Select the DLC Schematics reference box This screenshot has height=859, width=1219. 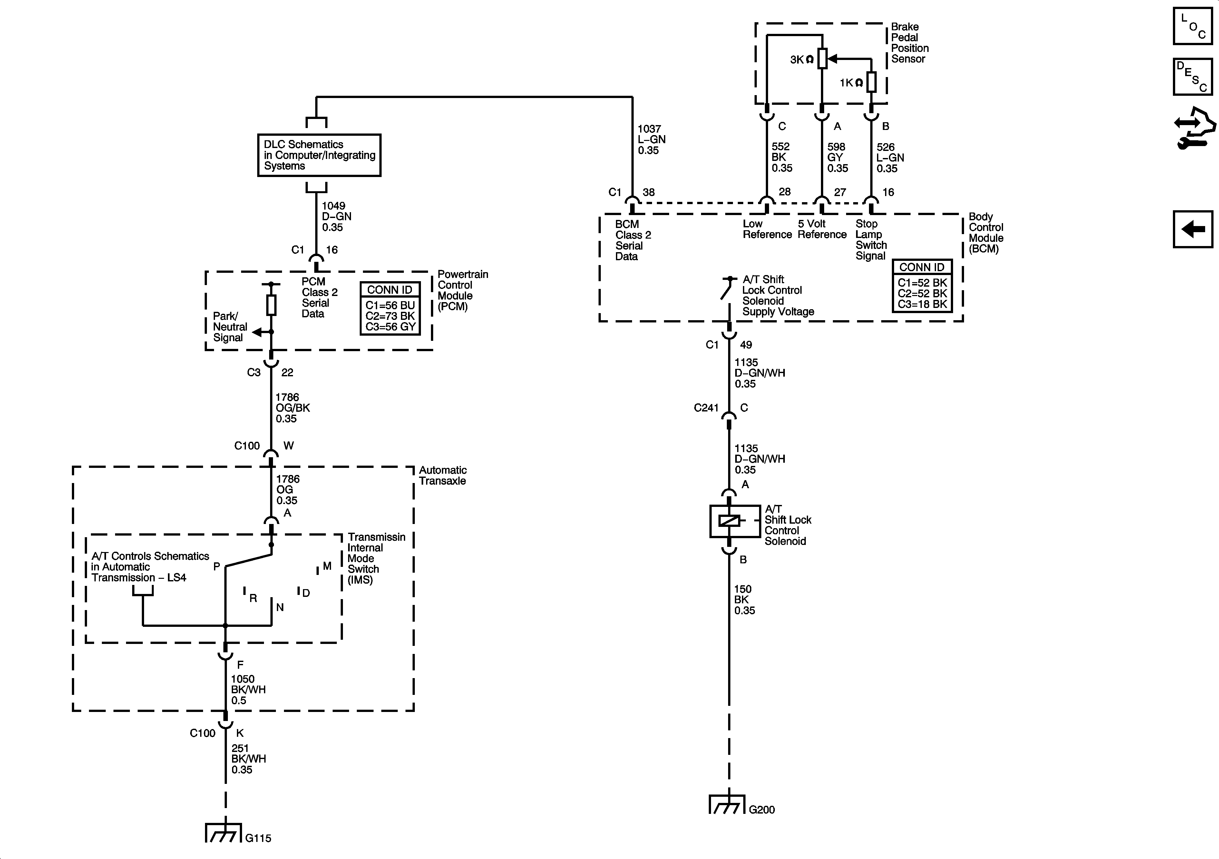319,155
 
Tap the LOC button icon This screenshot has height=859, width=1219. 1192,25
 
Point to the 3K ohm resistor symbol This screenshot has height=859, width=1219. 822,58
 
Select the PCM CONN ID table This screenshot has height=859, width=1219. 390,309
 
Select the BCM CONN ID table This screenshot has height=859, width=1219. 922,286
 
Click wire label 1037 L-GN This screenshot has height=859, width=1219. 651,140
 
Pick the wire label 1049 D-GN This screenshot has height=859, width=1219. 336,217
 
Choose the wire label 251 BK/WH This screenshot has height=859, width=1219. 248,759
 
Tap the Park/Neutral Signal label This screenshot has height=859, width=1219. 229,327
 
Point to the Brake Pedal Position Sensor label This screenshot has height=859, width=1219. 909,43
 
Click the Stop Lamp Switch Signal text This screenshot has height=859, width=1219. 871,240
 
